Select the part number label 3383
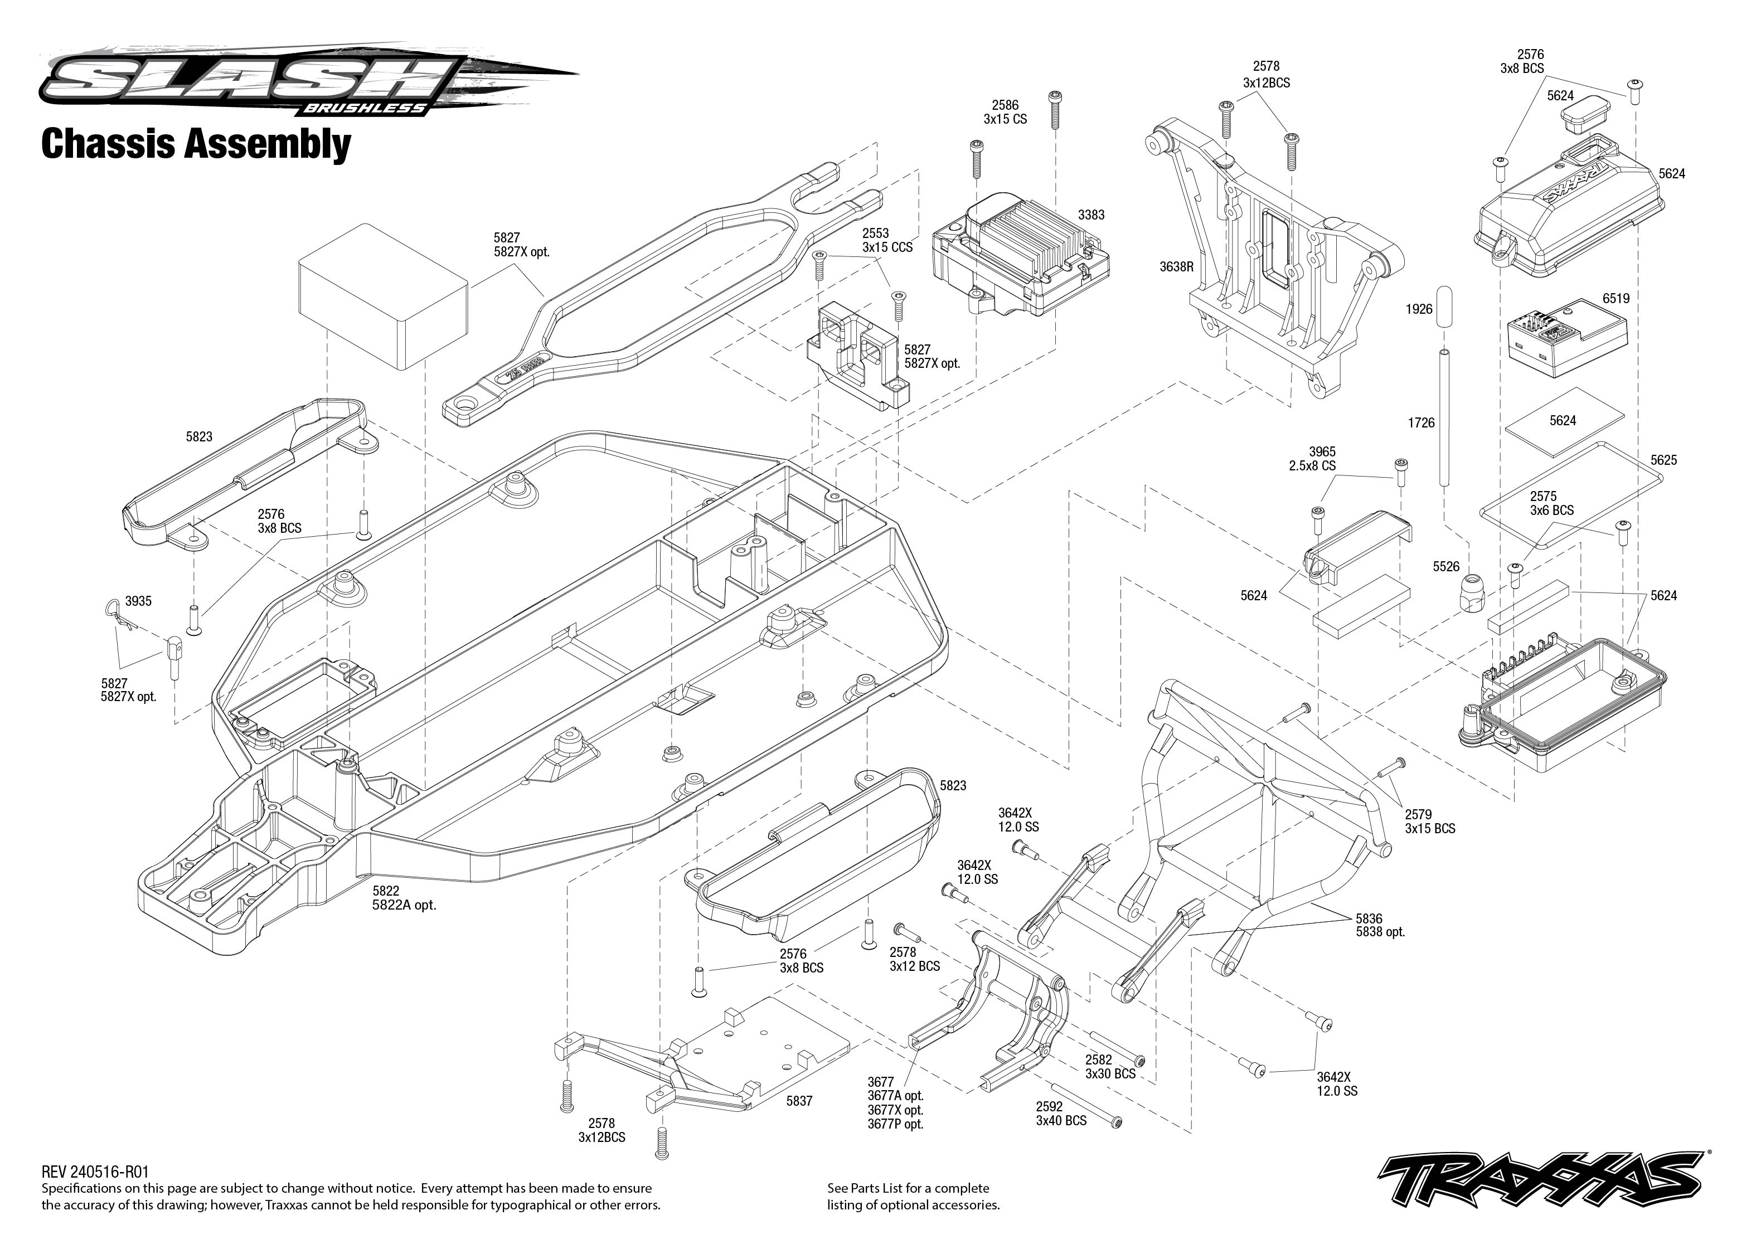point(1090,215)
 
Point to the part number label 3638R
point(1176,267)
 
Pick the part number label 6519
point(1616,298)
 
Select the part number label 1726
point(1421,422)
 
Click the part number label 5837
point(799,1101)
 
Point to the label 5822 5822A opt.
point(403,898)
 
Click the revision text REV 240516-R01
point(94,1172)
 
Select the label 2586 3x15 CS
point(1005,112)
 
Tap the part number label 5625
point(1663,460)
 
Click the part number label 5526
point(1445,567)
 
